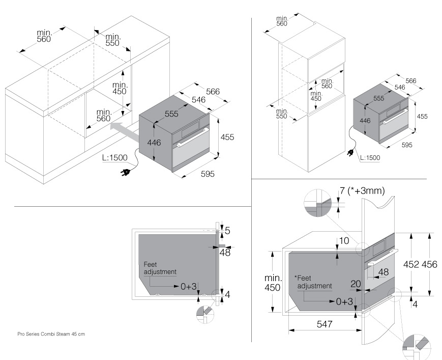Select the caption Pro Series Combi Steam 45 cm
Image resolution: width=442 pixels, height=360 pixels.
coord(51,334)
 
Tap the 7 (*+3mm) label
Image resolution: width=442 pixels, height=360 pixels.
coord(362,191)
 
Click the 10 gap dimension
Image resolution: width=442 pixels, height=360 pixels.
coord(343,241)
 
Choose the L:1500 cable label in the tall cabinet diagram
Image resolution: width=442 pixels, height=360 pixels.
coord(370,158)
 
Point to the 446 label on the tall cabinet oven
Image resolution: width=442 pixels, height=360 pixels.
coord(365,121)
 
